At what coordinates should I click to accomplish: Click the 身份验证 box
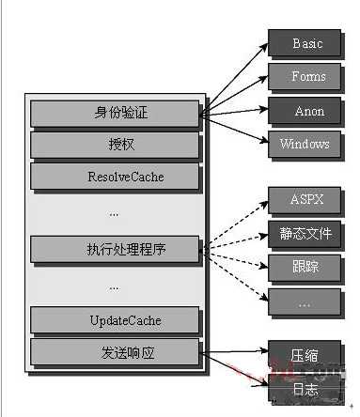click(116, 113)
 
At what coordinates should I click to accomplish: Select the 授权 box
click(116, 145)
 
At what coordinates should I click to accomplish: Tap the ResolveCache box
click(116, 176)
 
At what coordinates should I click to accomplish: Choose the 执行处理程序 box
click(116, 249)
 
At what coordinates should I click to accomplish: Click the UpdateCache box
click(116, 320)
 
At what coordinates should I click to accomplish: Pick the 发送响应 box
click(116, 352)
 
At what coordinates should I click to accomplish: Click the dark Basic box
click(306, 44)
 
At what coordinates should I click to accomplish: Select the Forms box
click(306, 77)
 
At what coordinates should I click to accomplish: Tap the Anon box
click(306, 111)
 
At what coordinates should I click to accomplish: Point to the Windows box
click(306, 144)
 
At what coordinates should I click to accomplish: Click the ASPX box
click(306, 201)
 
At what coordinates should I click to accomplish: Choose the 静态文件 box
click(306, 233)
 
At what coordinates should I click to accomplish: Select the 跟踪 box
click(306, 267)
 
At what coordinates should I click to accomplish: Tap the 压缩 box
click(306, 355)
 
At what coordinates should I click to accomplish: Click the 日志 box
click(306, 387)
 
